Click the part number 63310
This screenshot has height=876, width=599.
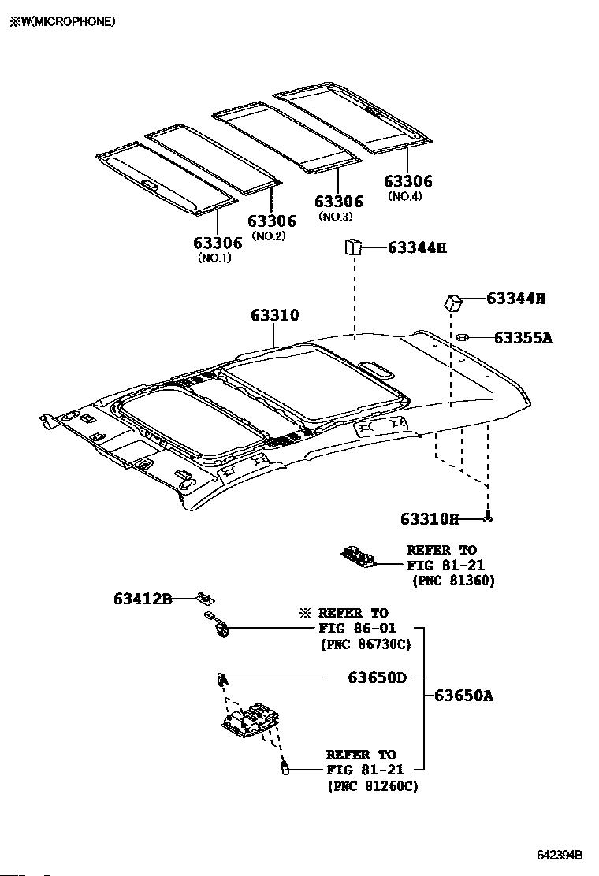pyautogui.click(x=275, y=316)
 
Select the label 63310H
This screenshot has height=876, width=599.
pyautogui.click(x=429, y=518)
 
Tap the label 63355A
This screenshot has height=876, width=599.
pyautogui.click(x=523, y=338)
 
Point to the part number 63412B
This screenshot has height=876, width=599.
pyautogui.click(x=142, y=599)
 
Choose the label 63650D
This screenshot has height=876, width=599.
pyautogui.click(x=378, y=677)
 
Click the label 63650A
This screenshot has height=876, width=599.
pyautogui.click(x=463, y=696)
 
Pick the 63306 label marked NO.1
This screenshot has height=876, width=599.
pyautogui.click(x=218, y=243)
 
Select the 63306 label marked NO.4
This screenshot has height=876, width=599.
pyautogui.click(x=408, y=182)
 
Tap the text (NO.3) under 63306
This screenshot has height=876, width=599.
pyautogui.click(x=335, y=217)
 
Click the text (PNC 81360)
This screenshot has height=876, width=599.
pyautogui.click(x=453, y=581)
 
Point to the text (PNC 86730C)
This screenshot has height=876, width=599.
pyautogui.click(x=365, y=644)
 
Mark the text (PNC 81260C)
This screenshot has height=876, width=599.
pyautogui.click(x=372, y=785)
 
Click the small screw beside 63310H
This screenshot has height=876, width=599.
pyautogui.click(x=489, y=518)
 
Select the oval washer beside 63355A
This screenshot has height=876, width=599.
pyautogui.click(x=462, y=338)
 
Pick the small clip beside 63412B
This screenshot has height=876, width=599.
pyautogui.click(x=205, y=599)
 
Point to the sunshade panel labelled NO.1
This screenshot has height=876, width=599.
pyautogui.click(x=166, y=177)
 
